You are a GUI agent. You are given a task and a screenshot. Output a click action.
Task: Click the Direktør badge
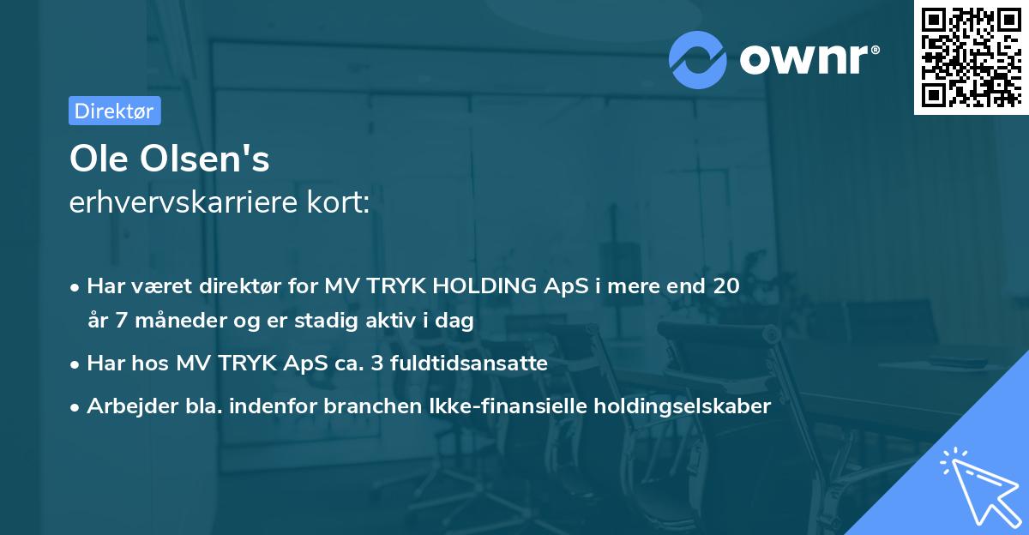point(114,111)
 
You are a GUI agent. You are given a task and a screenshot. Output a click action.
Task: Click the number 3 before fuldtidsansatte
point(377,364)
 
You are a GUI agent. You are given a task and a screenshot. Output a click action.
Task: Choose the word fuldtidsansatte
point(469,364)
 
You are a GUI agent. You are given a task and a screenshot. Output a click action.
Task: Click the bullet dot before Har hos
point(76,364)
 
